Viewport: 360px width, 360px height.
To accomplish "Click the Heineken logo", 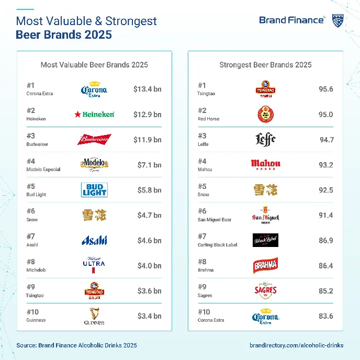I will [x=94, y=114].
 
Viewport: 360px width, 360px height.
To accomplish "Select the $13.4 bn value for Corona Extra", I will [x=147, y=89].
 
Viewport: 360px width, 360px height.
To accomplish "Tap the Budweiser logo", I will [x=94, y=140].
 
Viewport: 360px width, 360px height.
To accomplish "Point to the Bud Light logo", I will [x=94, y=189].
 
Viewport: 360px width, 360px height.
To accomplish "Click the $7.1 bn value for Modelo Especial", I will [x=149, y=165].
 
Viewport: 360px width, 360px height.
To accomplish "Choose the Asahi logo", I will [x=94, y=240].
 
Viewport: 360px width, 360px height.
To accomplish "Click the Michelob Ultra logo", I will [x=94, y=265].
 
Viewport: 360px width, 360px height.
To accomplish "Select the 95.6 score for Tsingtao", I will [x=326, y=89].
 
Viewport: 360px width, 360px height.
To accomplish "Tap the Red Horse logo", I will [x=265, y=114].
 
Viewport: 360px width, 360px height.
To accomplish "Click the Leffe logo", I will [x=265, y=139].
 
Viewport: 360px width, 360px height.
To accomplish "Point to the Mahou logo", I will [x=265, y=165].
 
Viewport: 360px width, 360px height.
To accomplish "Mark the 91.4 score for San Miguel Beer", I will [x=326, y=215].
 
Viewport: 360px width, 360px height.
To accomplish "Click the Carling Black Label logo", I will [x=265, y=240].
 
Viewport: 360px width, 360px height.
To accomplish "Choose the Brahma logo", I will [x=265, y=265].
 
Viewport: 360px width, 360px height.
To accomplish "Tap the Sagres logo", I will [x=265, y=291].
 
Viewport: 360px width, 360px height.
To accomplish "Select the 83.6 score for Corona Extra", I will [x=326, y=316].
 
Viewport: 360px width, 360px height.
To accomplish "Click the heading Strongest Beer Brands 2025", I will [x=265, y=65].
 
